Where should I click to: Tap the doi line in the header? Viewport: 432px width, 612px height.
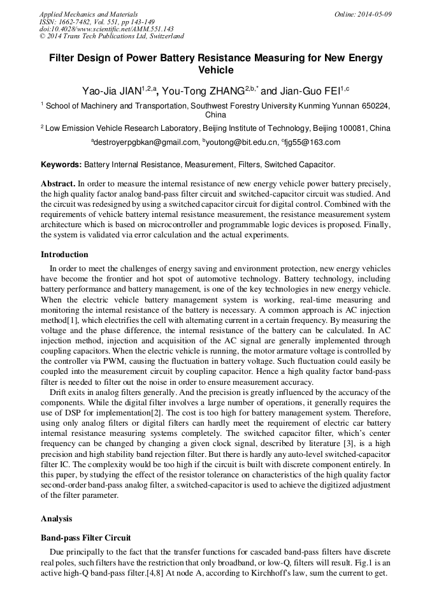(x=106, y=29)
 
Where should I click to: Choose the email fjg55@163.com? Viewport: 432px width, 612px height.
(x=314, y=142)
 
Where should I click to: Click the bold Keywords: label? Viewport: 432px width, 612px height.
(x=61, y=165)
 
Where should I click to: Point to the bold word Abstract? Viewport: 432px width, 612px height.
(x=59, y=183)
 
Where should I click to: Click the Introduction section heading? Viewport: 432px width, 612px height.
(x=64, y=255)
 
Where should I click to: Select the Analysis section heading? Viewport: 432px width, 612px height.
(x=57, y=519)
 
